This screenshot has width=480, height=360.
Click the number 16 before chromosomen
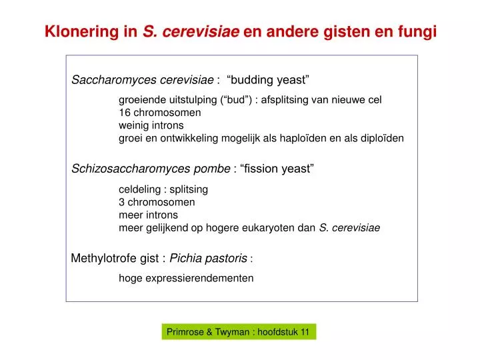tap(124, 113)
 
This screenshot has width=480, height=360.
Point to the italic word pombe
tap(215, 169)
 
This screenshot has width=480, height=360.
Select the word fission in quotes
tap(261, 169)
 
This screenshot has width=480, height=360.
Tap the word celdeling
tap(139, 189)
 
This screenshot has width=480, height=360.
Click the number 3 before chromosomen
tap(121, 201)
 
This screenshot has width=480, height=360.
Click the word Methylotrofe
tap(103, 258)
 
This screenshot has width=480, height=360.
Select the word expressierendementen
tap(198, 278)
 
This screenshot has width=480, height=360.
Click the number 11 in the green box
tap(304, 332)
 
